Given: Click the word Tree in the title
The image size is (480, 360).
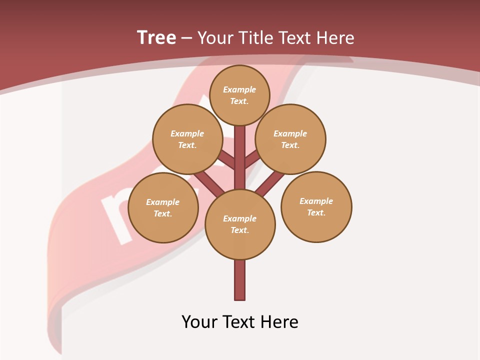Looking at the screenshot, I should coord(156,37).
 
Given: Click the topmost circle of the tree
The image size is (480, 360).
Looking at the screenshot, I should coord(239,95).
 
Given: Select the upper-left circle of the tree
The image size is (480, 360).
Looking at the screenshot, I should coord(187,139).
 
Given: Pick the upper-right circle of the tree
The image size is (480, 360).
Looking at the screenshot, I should coord(290,139).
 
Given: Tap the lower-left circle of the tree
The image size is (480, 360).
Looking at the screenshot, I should coord(163,207).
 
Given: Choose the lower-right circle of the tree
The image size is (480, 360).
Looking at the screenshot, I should coord(316,206).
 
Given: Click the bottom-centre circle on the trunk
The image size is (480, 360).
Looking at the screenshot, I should coord(240,224).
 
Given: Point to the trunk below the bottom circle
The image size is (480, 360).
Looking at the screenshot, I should coord(240,280).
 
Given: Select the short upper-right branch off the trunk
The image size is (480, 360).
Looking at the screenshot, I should coord(251,160).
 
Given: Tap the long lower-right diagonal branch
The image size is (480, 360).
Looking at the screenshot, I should coord(270,183).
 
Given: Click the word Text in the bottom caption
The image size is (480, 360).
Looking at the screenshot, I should coord(239,321).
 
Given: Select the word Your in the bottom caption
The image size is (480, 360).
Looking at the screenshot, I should coord(199,321).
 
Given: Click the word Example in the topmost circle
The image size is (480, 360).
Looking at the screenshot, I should coord(239,89).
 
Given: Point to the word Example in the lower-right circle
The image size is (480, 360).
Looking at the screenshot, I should coord(316,201).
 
